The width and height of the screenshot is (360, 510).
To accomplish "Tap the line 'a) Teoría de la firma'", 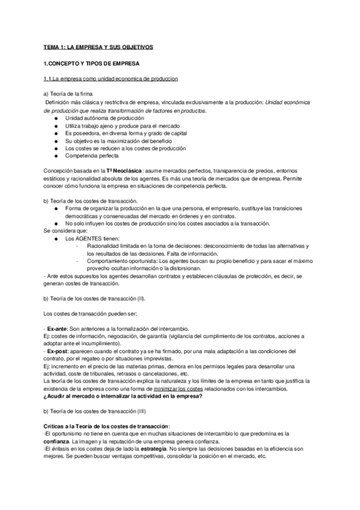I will [x=67, y=95].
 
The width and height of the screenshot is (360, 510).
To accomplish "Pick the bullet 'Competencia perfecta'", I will [x=93, y=155].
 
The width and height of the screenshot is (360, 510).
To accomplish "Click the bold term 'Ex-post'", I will [x=58, y=351].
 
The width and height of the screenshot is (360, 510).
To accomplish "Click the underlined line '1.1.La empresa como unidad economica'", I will [x=110, y=79].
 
